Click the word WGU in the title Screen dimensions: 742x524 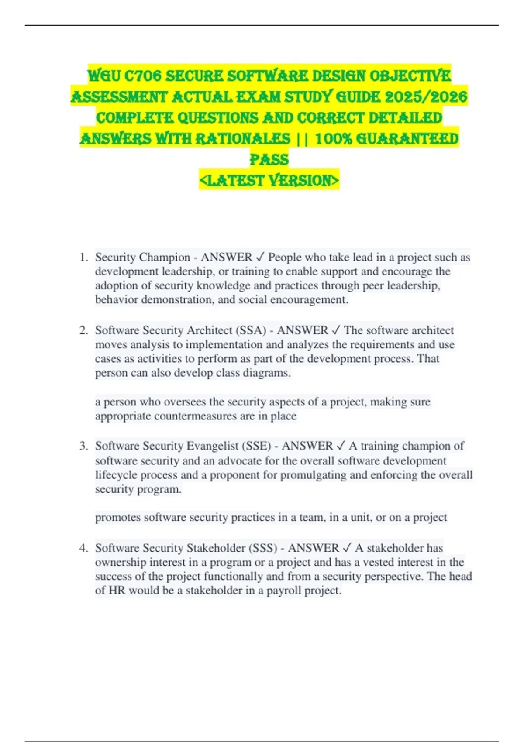point(104,76)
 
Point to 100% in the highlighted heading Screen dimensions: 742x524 point(334,139)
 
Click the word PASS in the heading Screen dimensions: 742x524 point(269,159)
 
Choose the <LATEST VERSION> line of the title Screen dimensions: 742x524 point(269,180)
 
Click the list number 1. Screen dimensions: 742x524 point(84,258)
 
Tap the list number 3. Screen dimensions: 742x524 point(84,446)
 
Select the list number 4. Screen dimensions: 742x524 point(84,548)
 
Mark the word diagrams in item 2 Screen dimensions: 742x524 point(266,373)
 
